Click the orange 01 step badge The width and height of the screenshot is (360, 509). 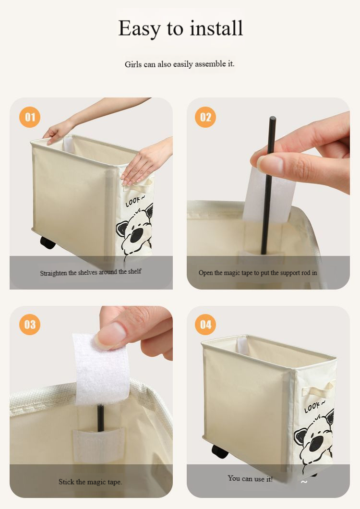30,117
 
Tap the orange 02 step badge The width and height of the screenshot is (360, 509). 205,117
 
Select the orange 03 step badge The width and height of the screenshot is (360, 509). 30,324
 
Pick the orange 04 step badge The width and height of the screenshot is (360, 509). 205,324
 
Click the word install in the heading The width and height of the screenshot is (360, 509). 216,28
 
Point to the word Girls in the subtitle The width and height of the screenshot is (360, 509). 133,64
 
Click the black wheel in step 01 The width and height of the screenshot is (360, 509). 48,243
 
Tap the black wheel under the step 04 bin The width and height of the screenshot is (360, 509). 220,451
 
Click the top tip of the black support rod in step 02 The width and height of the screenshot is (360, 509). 273,118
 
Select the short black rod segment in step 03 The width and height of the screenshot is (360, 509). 100,418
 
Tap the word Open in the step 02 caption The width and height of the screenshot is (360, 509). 205,273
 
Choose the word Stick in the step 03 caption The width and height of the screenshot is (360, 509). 66,482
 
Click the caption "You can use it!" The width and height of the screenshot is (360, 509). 250,478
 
